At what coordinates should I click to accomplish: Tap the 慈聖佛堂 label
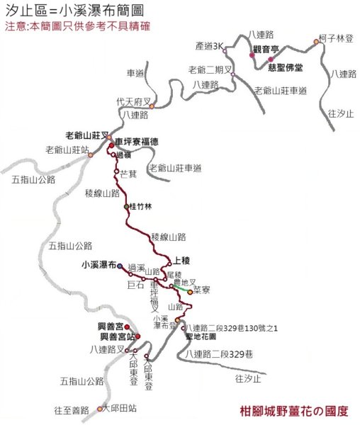pyautogui.click(x=286, y=68)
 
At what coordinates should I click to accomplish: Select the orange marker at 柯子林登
pyautogui.click(x=317, y=42)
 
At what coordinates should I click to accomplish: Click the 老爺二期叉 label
pyautogui.click(x=210, y=69)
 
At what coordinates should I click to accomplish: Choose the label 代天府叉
pyautogui.click(x=134, y=101)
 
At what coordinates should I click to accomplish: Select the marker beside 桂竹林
pyautogui.click(x=126, y=206)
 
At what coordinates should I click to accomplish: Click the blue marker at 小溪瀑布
pyautogui.click(x=120, y=266)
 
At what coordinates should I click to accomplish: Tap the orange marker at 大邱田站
pyautogui.click(x=99, y=408)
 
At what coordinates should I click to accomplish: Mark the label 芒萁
pyautogui.click(x=128, y=173)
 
